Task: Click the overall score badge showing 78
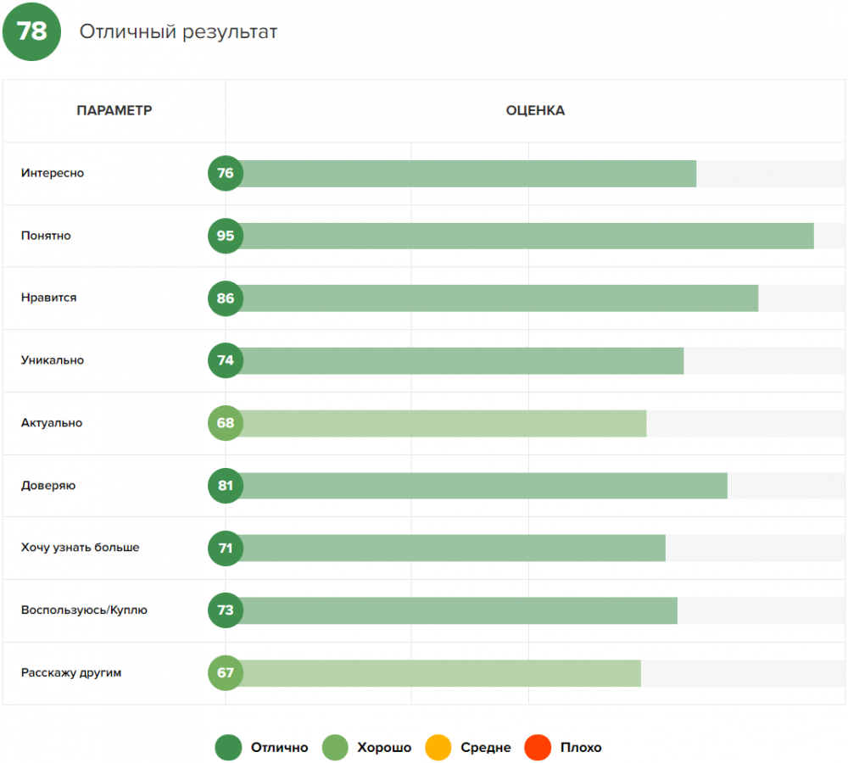coord(31,31)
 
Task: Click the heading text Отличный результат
coord(178,32)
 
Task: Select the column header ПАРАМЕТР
coord(114,111)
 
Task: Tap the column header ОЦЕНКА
coord(535,111)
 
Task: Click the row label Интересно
coord(53,174)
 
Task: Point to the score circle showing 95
coord(226,236)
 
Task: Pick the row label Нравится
coord(49,298)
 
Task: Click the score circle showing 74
coord(226,360)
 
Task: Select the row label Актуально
coord(52,423)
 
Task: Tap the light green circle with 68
coord(226,423)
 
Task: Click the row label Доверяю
coord(48,486)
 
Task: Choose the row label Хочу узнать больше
coord(81,548)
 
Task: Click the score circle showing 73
coord(226,610)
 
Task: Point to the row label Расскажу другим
coord(72,673)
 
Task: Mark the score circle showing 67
coord(226,673)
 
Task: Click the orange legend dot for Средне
coord(438,748)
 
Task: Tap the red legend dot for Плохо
coord(538,748)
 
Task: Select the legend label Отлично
coord(279,748)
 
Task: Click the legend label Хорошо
coord(384,748)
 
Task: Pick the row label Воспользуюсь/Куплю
coord(85,610)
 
